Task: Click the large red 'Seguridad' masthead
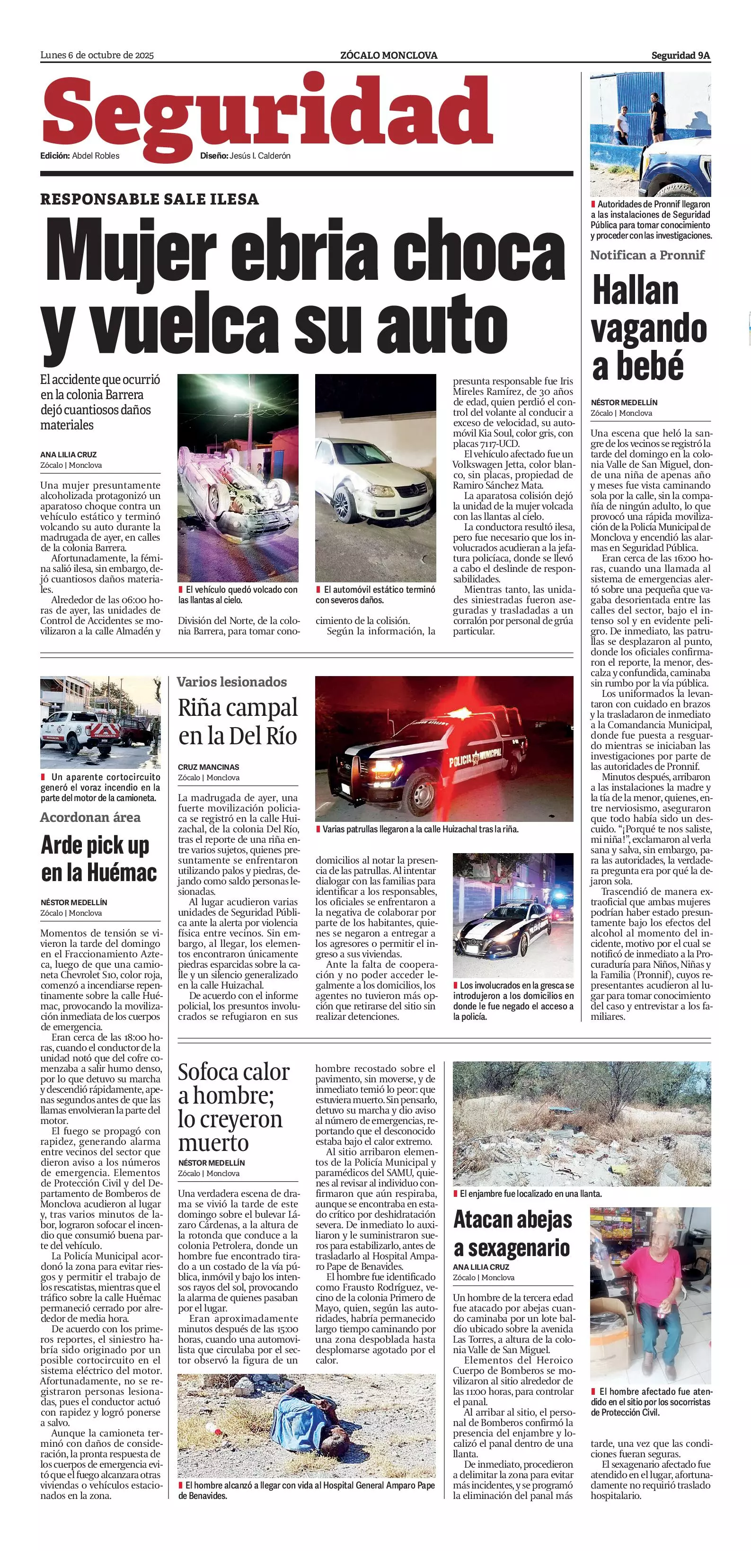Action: [267, 112]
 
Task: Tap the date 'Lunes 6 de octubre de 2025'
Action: [97, 55]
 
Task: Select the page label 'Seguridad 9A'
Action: [680, 55]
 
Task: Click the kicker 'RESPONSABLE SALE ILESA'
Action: [149, 199]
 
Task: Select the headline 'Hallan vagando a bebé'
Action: [648, 328]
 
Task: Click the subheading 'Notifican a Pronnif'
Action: [647, 255]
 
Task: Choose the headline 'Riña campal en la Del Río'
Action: [238, 722]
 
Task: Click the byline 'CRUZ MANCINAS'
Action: [208, 767]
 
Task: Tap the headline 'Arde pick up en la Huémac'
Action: [99, 859]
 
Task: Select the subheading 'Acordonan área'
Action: [90, 817]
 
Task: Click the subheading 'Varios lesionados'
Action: [232, 682]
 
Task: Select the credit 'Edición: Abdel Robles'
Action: [80, 156]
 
